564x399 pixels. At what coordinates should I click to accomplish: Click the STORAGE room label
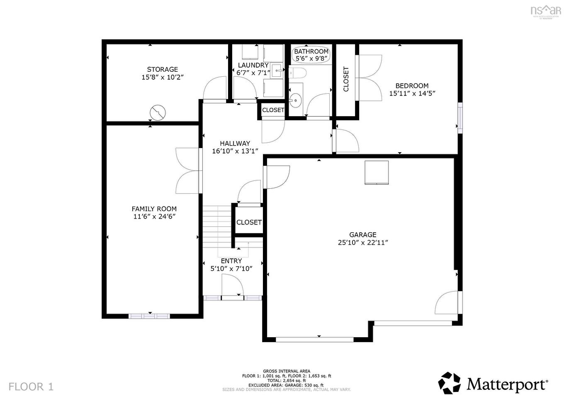[x=162, y=69]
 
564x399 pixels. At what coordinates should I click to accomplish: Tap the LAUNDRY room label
[x=253, y=66]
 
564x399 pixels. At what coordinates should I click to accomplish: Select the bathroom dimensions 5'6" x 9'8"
[x=311, y=58]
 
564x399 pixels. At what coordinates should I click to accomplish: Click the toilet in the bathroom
[x=297, y=73]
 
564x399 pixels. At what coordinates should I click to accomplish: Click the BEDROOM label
[x=412, y=86]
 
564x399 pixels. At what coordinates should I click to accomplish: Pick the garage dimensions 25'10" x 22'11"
[x=362, y=243]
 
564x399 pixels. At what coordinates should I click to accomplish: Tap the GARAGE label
[x=362, y=235]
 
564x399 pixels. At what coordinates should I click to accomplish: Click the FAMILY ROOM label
[x=154, y=209]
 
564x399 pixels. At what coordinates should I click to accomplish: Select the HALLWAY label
[x=235, y=144]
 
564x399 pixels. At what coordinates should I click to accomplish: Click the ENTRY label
[x=231, y=261]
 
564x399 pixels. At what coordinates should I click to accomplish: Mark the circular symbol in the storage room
[x=158, y=112]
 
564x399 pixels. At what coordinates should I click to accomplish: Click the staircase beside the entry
[x=216, y=226]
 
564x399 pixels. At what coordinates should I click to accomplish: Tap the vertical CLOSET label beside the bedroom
[x=346, y=79]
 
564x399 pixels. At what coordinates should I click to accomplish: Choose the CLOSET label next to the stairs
[x=249, y=222]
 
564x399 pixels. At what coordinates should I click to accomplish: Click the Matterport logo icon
[x=450, y=383]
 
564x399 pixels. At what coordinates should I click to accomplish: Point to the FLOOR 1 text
[x=31, y=387]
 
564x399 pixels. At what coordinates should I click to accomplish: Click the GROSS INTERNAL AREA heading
[x=286, y=371]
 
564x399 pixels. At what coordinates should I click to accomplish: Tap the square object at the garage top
[x=377, y=172]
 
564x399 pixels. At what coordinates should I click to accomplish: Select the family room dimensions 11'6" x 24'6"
[x=154, y=217]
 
